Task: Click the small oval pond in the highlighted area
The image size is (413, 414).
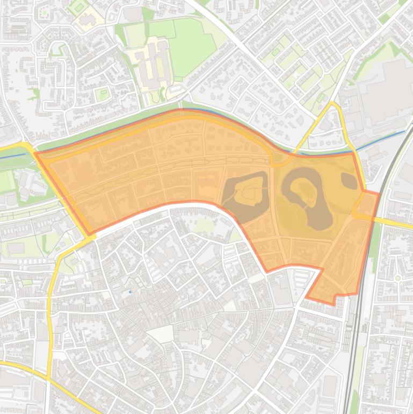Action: click(x=349, y=181)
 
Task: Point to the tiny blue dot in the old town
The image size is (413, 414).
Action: click(x=130, y=292)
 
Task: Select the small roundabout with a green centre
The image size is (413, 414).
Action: click(x=398, y=278)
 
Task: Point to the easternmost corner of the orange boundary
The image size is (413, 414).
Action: click(x=379, y=192)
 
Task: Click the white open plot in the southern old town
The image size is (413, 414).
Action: click(x=161, y=334)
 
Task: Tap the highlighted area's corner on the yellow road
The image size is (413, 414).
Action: click(x=89, y=234)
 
